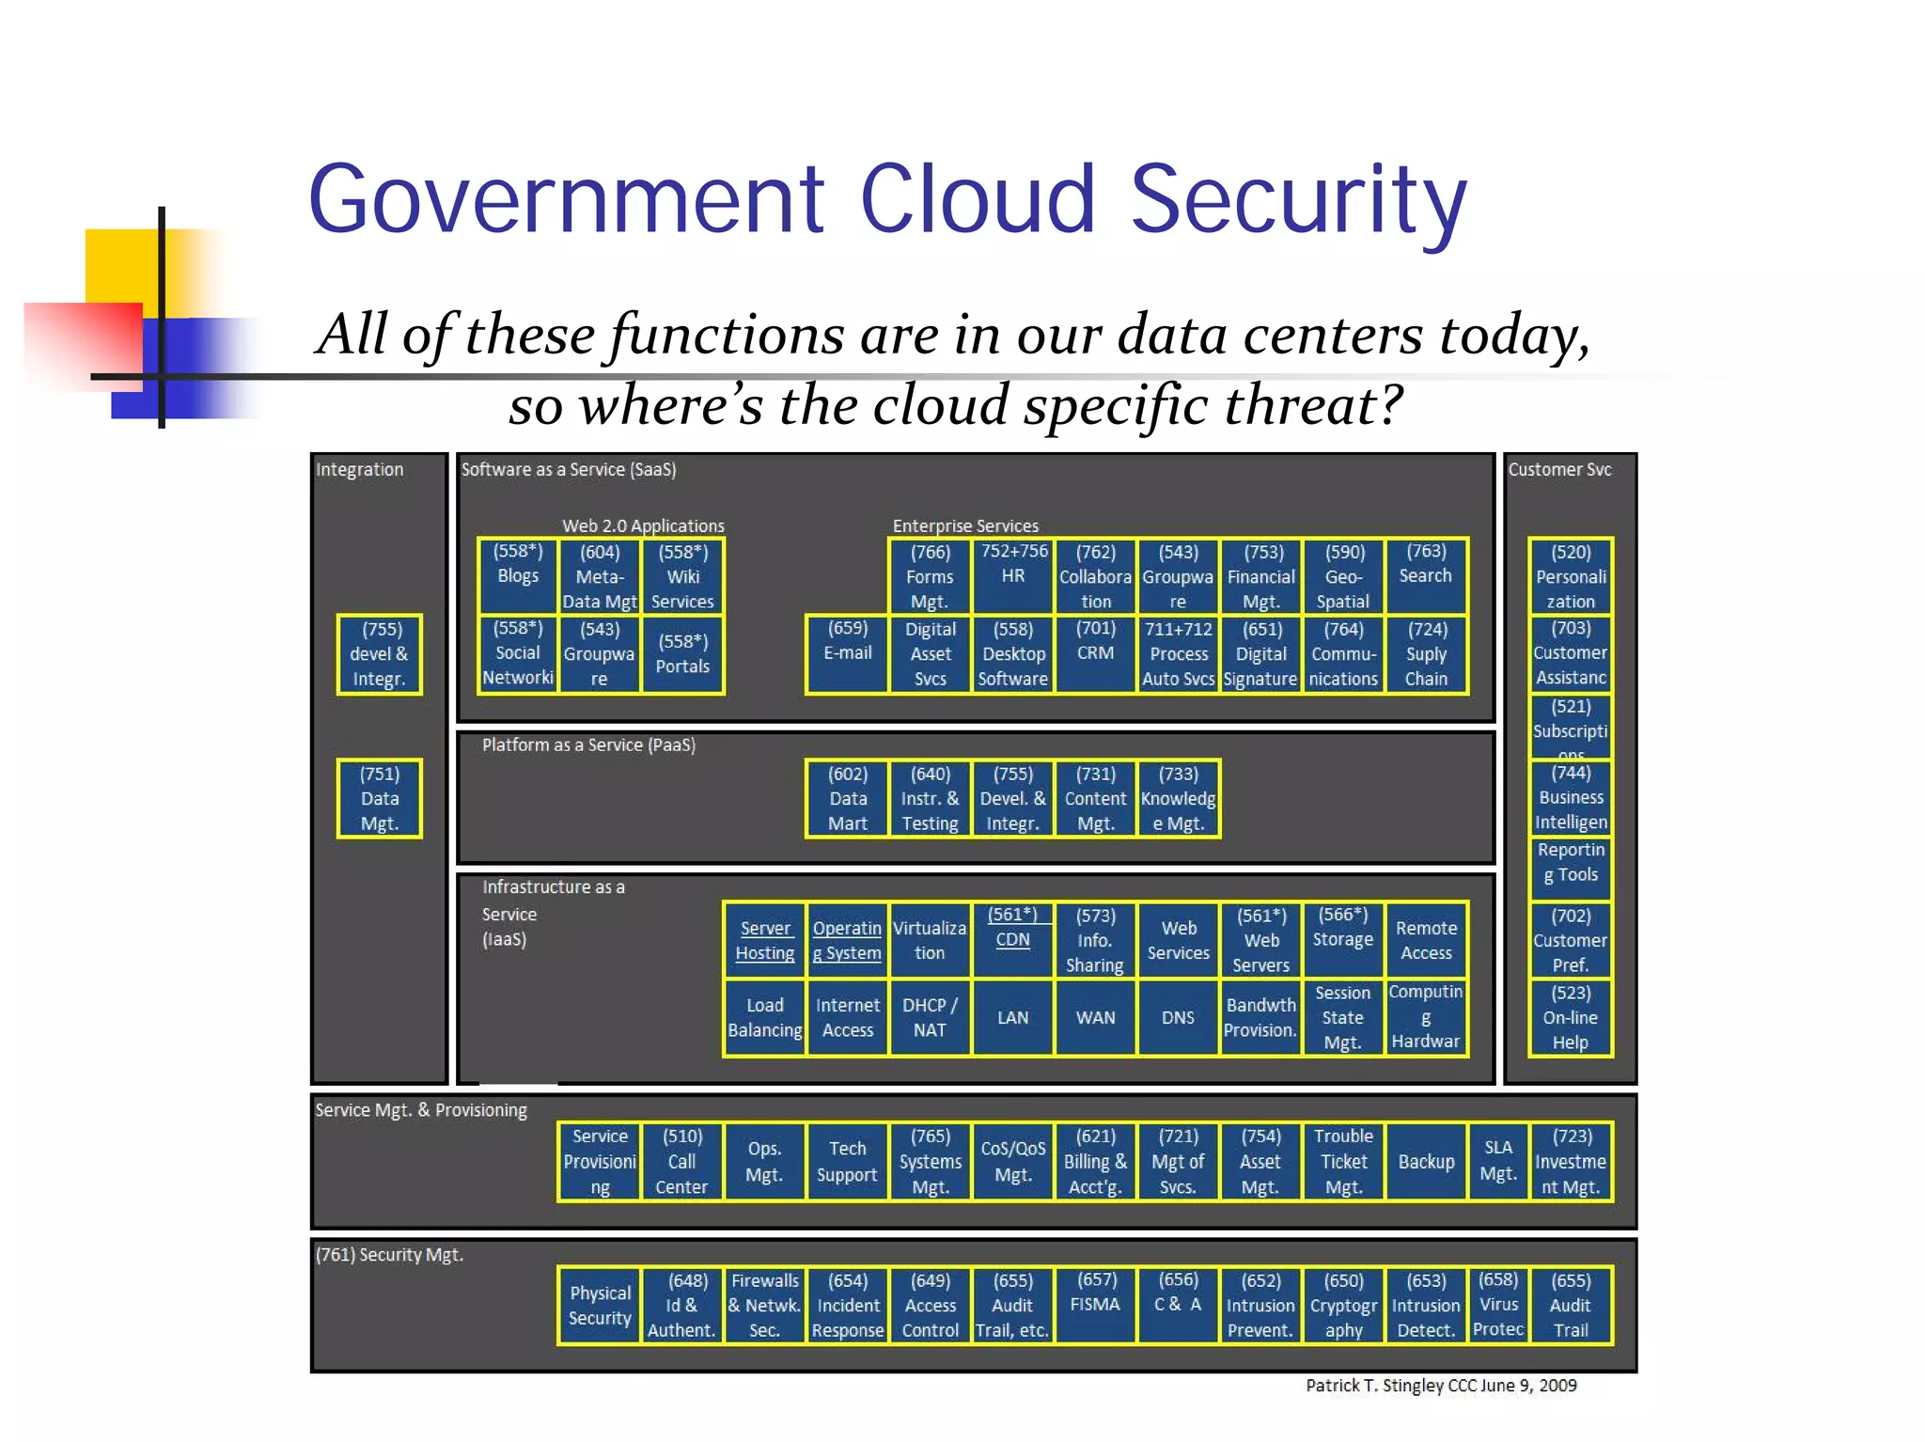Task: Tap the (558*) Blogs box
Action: pyautogui.click(x=518, y=576)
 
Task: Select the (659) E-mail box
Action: pyautogui.click(x=847, y=653)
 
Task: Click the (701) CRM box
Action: pyautogui.click(x=1095, y=653)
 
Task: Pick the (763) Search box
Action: pyautogui.click(x=1426, y=576)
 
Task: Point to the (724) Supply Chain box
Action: pyautogui.click(x=1426, y=653)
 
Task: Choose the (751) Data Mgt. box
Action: pyautogui.click(x=380, y=798)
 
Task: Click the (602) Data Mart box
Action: pyautogui.click(x=847, y=798)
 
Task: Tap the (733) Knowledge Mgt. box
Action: pyautogui.click(x=1178, y=798)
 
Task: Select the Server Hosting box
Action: pyautogui.click(x=764, y=940)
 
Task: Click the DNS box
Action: pyautogui.click(x=1178, y=1017)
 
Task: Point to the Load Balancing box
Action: pyautogui.click(x=764, y=1017)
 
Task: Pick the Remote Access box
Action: pyautogui.click(x=1426, y=940)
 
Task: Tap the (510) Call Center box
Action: pyautogui.click(x=681, y=1162)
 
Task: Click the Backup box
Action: pyautogui.click(x=1426, y=1162)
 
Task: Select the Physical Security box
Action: pyautogui.click(x=600, y=1306)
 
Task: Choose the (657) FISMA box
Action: pyautogui.click(x=1095, y=1306)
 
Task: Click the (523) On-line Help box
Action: pyautogui.click(x=1570, y=1017)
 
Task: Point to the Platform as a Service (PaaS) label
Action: pyautogui.click(x=588, y=745)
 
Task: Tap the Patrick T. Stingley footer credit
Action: pyautogui.click(x=1440, y=1386)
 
